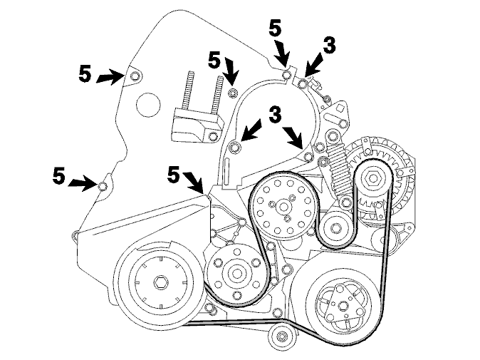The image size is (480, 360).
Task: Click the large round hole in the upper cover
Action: tap(148, 105)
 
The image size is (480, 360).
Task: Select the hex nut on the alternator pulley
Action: tap(373, 178)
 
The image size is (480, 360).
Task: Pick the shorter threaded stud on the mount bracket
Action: tap(186, 91)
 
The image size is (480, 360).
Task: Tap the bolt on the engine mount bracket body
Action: tap(212, 136)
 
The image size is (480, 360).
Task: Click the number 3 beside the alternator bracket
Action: tap(329, 46)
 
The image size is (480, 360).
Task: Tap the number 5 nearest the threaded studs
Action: tap(214, 61)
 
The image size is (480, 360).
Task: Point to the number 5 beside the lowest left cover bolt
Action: tap(59, 175)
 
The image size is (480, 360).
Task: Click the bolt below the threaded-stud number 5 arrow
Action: tap(234, 92)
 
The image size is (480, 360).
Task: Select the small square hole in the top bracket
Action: tap(339, 108)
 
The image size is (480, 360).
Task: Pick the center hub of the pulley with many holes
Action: tap(281, 207)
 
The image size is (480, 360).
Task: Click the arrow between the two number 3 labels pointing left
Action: tap(251, 131)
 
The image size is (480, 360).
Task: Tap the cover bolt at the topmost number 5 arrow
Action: tap(286, 75)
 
